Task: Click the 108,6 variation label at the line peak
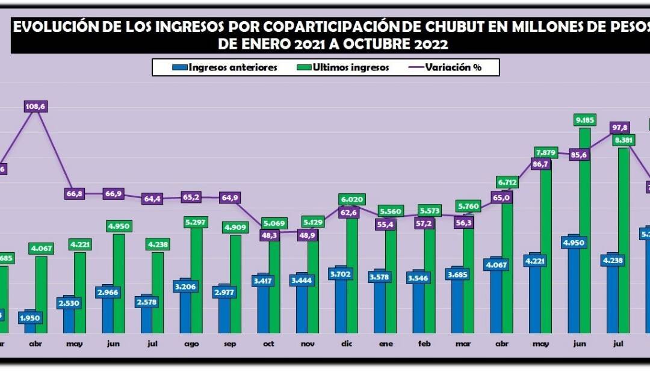coord(36,107)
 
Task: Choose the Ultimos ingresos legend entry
coord(343,67)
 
